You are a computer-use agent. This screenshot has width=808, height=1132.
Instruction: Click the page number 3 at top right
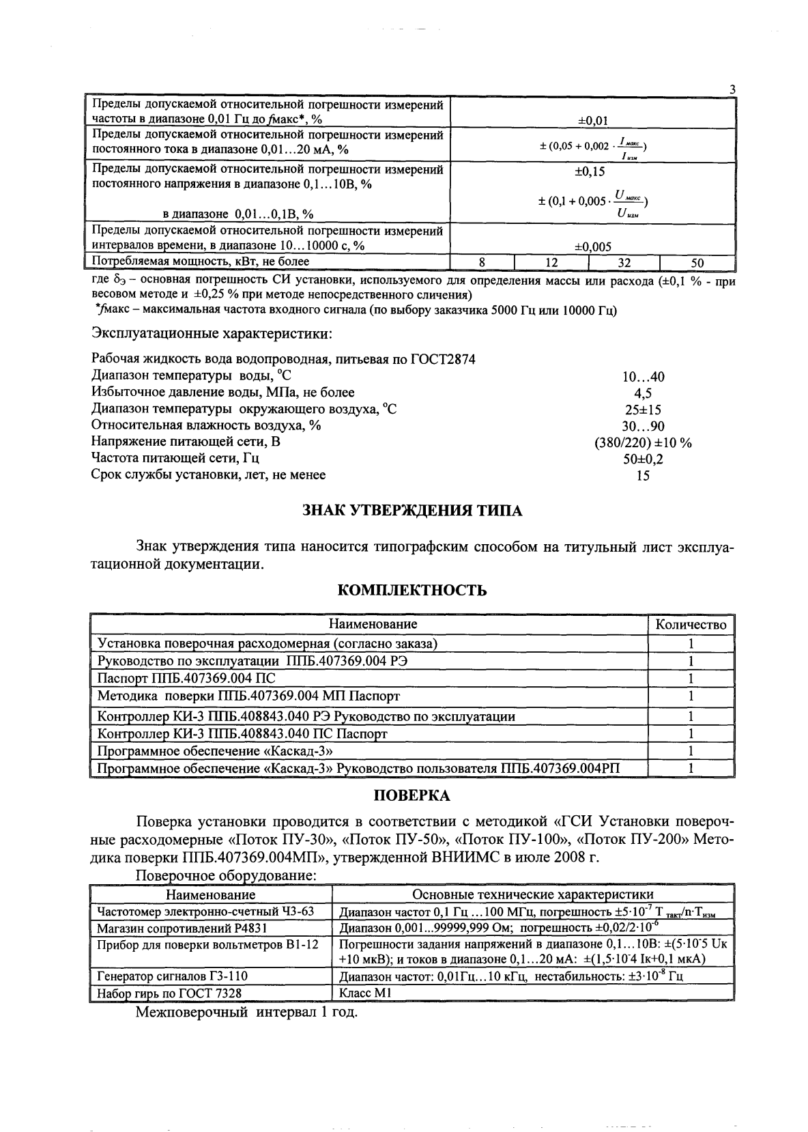point(732,90)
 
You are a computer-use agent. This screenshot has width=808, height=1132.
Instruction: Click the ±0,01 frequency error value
point(592,121)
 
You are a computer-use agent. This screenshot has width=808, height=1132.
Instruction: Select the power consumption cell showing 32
point(624,262)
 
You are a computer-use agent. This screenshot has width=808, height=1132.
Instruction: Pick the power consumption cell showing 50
point(697,262)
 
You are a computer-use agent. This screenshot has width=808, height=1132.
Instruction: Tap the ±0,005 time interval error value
point(592,247)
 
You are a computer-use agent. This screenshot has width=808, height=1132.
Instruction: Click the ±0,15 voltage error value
point(590,172)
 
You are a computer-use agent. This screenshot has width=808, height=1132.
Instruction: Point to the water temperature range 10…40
point(643,377)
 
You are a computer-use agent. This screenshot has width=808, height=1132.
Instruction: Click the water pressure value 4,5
point(643,393)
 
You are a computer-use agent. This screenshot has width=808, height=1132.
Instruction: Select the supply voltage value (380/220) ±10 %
point(643,443)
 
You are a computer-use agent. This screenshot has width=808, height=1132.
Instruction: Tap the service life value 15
point(643,476)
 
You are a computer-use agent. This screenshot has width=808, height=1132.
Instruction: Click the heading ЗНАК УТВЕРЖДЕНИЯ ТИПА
point(412,511)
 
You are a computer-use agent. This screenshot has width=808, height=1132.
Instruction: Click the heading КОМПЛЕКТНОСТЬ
point(412,591)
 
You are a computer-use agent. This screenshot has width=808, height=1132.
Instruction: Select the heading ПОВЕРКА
point(412,795)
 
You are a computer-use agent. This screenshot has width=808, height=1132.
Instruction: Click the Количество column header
point(691,624)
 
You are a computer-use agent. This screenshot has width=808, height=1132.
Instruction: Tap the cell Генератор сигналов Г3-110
point(173,976)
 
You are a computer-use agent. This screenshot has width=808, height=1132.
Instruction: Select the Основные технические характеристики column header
point(532,894)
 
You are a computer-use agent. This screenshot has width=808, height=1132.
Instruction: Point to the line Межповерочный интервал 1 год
point(246,1012)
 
